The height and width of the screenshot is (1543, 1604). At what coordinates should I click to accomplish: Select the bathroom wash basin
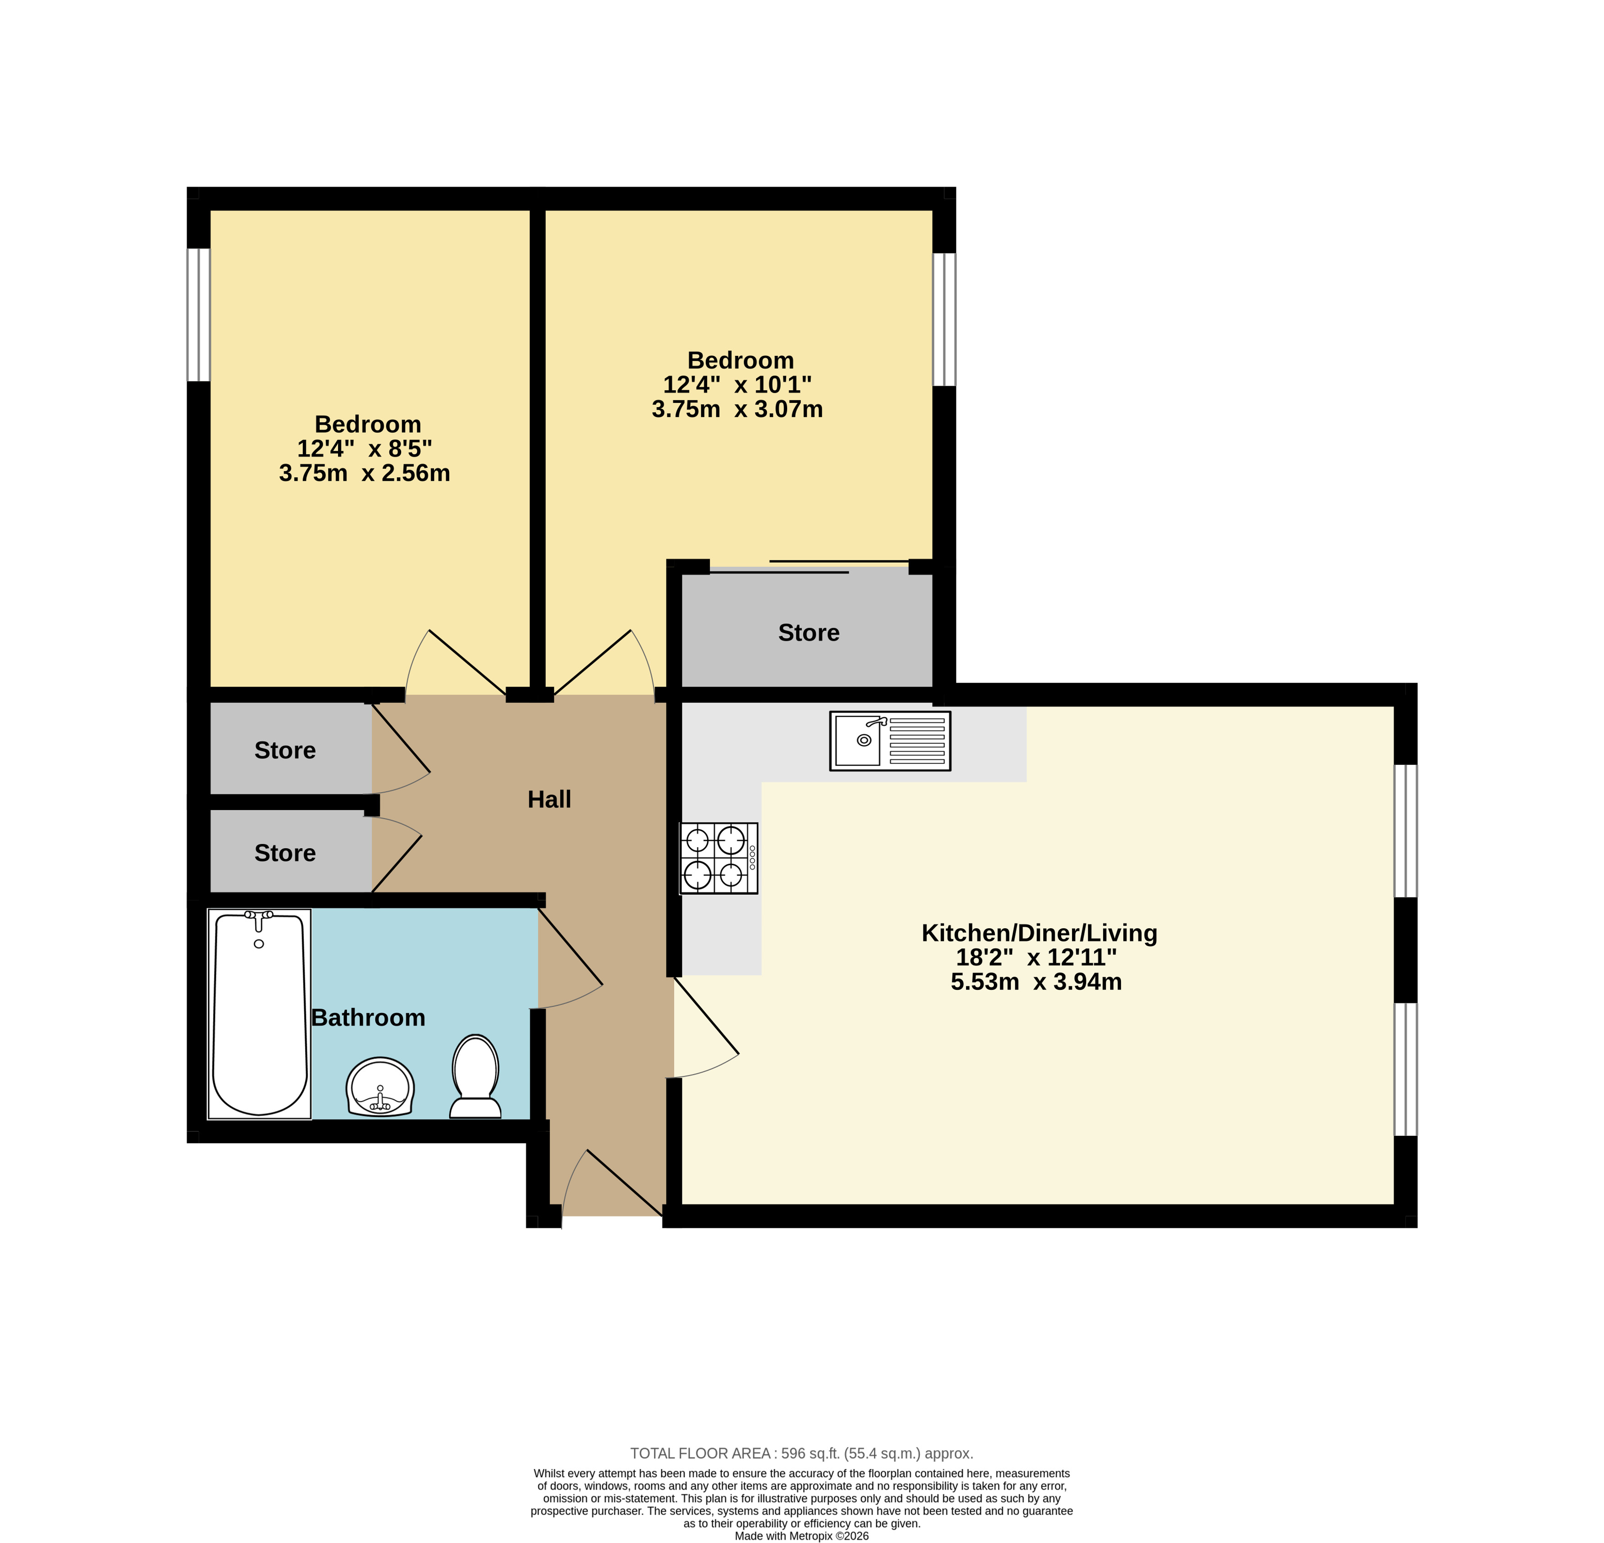(x=381, y=1087)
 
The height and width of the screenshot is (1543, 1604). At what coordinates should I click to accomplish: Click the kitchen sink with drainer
(x=891, y=741)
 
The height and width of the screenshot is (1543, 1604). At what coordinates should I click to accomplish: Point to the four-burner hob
(x=719, y=858)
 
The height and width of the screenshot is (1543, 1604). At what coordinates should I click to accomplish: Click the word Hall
(x=549, y=800)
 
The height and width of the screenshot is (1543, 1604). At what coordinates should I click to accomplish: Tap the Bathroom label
(x=368, y=1017)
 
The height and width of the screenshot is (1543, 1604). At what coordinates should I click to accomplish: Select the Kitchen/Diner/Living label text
(x=1039, y=933)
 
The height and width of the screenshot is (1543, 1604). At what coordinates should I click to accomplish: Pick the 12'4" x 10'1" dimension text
(x=737, y=385)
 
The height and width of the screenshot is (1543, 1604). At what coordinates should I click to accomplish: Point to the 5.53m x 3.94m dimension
(x=1036, y=981)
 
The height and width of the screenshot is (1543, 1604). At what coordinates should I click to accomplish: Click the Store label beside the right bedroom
(x=809, y=633)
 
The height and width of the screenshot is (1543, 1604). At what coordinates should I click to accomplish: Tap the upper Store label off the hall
(x=285, y=751)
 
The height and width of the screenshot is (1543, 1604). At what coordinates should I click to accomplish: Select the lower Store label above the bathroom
(x=285, y=853)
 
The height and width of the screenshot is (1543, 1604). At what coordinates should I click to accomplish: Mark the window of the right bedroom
(x=944, y=319)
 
